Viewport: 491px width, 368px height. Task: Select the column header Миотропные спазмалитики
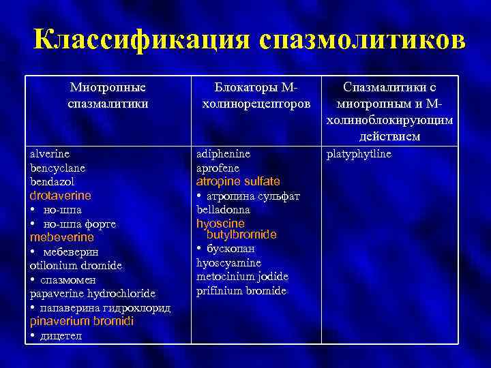108,95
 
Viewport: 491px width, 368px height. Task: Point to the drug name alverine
49,154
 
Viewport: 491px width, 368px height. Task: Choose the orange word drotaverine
60,196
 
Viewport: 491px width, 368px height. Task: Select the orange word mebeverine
61,238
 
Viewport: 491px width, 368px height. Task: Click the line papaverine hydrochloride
93,294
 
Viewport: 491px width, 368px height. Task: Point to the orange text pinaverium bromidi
81,321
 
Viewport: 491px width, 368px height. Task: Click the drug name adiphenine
223,154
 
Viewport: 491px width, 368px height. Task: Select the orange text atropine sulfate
238,182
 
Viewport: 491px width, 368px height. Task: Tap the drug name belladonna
223,210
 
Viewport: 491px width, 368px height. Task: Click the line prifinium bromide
241,291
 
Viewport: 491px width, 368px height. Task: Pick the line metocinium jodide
242,277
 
